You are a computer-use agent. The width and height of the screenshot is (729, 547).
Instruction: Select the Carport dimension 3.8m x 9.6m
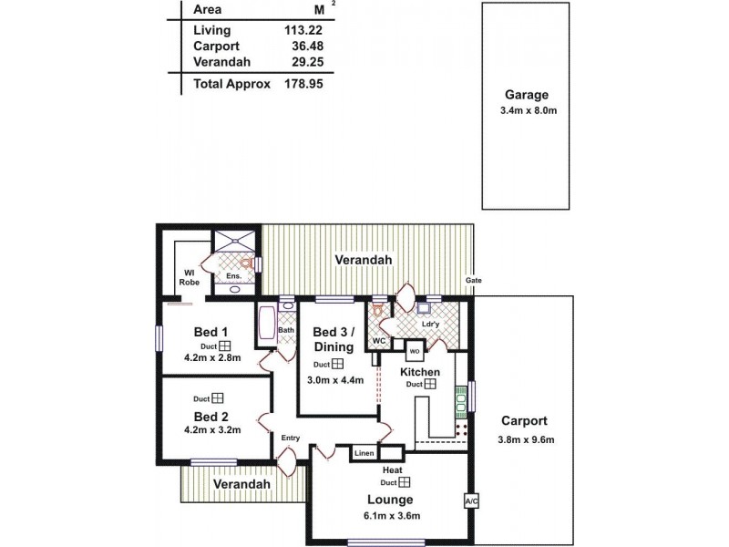pyautogui.click(x=523, y=439)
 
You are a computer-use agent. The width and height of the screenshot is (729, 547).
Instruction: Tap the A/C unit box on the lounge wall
pyautogui.click(x=471, y=501)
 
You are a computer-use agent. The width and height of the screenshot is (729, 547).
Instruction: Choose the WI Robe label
pyautogui.click(x=190, y=277)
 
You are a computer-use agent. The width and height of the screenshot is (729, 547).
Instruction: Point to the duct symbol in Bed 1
pyautogui.click(x=223, y=346)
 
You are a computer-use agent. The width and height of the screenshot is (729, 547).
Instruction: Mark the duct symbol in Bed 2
pyautogui.click(x=218, y=398)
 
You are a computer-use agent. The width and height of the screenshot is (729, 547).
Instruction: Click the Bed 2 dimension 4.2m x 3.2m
pyautogui.click(x=211, y=431)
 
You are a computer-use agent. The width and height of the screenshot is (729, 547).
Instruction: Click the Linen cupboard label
pyautogui.click(x=364, y=453)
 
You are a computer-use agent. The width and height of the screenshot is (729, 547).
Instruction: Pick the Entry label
pyautogui.click(x=290, y=439)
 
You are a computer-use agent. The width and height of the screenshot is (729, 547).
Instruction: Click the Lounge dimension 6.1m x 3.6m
pyautogui.click(x=389, y=516)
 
